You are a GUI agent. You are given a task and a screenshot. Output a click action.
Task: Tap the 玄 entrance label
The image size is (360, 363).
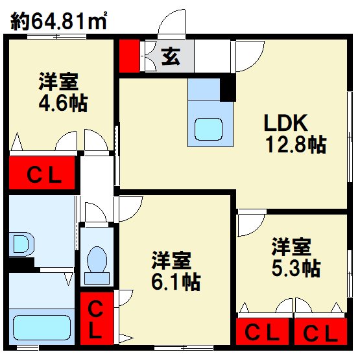pos(170,57)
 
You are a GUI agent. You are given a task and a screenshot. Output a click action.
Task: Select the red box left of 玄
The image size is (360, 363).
pos(130,56)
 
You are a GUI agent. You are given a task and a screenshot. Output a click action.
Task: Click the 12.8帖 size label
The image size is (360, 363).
pos(296,145)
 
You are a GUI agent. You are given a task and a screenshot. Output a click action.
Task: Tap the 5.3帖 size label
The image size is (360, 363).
pos(295,266)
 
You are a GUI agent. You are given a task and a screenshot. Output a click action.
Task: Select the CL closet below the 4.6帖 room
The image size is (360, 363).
pos(43,174)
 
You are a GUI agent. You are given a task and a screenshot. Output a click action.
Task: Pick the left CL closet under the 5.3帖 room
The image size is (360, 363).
pos(263,333)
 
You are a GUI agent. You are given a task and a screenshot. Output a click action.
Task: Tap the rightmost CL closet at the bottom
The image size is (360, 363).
pos(320,333)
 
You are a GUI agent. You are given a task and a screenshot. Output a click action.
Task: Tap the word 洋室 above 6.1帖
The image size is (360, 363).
pos(171,261)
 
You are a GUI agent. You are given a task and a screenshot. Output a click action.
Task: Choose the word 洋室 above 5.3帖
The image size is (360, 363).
pos(291,246)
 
